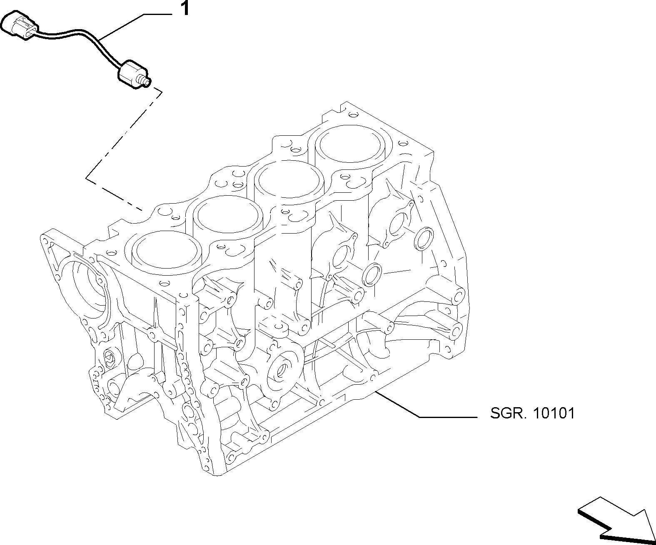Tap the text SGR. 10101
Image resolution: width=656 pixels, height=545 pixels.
pos(533,413)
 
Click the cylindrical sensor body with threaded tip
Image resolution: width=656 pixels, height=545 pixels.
pos(134,74)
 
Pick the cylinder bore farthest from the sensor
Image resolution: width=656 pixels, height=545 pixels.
pos(349,144)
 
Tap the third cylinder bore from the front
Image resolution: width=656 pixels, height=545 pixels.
pos(289,180)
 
